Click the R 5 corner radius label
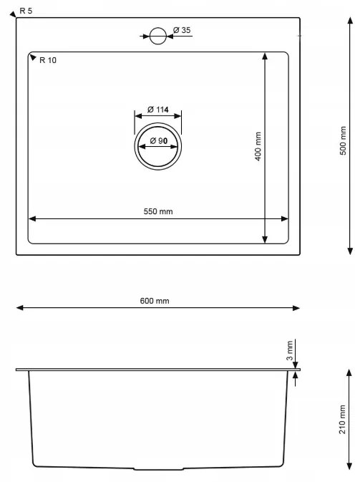[x=26, y=11]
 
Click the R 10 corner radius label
[x=49, y=60]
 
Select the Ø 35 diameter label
[x=181, y=30]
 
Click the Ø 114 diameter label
[x=157, y=110]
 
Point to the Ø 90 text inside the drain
[x=158, y=142]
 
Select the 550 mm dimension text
[x=158, y=211]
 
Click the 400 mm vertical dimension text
[x=258, y=147]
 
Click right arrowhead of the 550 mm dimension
[x=286, y=219]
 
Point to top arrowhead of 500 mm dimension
[x=349, y=22]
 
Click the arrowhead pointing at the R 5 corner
[x=15, y=14]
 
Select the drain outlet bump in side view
[x=159, y=469]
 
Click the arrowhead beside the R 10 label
[x=33, y=57]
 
